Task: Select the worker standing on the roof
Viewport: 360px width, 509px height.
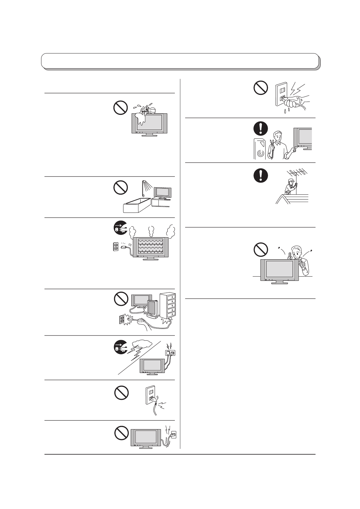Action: [290, 187]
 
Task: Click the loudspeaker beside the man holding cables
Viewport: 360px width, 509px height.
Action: [259, 149]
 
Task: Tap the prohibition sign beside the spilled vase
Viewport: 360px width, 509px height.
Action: [120, 108]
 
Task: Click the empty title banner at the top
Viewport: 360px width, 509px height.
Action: [180, 61]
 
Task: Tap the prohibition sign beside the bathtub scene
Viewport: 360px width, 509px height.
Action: [120, 189]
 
